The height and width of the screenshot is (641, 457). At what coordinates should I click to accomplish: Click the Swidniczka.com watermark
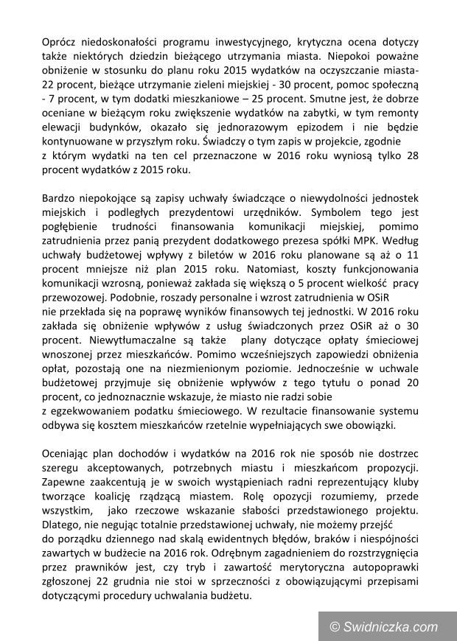tap(384, 626)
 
